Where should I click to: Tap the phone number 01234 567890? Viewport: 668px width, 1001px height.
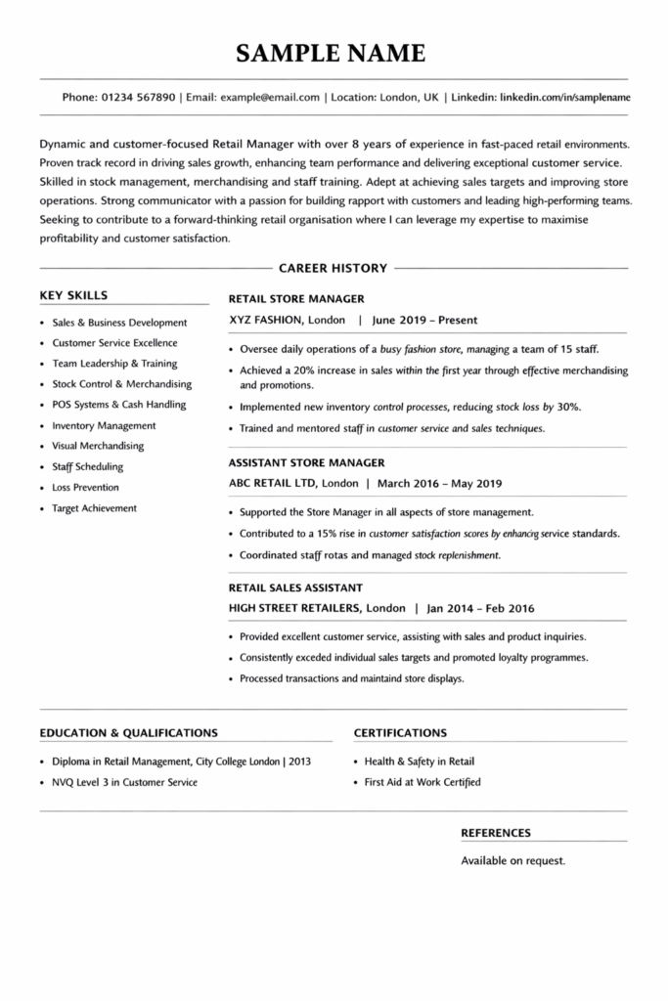click(138, 98)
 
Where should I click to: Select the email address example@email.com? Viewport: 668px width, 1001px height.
click(270, 98)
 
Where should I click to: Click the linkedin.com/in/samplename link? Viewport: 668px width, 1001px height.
click(564, 98)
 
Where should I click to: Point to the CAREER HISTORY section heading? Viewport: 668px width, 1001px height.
click(333, 268)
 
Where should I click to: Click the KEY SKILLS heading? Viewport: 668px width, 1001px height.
click(73, 294)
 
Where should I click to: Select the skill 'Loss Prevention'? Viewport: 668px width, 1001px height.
click(85, 487)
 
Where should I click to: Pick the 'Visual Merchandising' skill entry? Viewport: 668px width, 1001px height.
click(98, 446)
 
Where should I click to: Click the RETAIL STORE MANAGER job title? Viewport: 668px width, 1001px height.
click(296, 298)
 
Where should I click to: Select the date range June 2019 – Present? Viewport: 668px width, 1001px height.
click(424, 319)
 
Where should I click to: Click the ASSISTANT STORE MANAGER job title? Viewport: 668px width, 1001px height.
click(306, 462)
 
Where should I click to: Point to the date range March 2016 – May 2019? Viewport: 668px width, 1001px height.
click(439, 483)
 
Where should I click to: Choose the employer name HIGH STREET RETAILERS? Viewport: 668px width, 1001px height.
click(294, 607)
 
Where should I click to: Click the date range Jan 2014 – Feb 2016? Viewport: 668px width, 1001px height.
click(481, 607)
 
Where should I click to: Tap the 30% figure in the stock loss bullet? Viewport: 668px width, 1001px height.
click(569, 407)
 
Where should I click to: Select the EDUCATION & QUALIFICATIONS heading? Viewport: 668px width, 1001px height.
click(128, 732)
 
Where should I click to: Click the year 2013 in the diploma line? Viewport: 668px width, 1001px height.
click(299, 762)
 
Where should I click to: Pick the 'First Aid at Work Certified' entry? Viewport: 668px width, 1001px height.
click(423, 782)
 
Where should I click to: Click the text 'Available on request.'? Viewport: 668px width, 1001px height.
click(512, 861)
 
